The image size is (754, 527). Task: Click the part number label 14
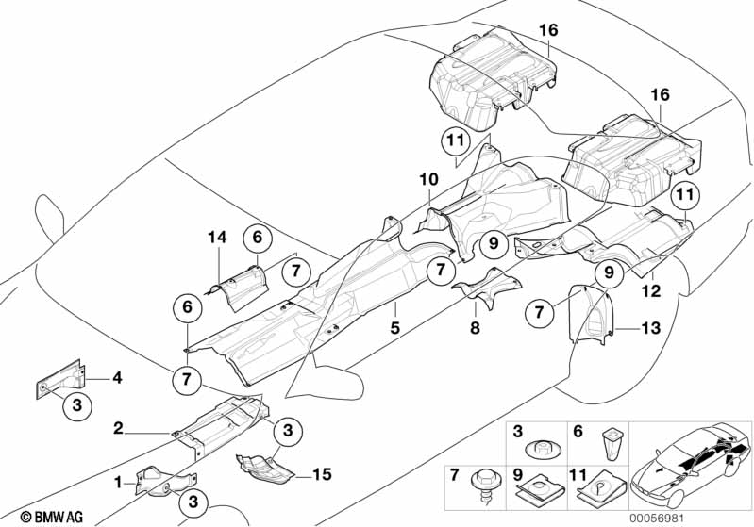(217, 237)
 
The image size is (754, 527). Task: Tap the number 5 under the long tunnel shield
(395, 328)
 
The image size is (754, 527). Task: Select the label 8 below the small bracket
(475, 328)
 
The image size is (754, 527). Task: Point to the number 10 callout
(429, 180)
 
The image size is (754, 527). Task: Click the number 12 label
(651, 290)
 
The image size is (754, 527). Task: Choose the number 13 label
(650, 328)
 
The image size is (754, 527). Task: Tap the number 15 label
(322, 474)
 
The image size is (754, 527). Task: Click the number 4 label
(117, 378)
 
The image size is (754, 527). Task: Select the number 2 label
(118, 428)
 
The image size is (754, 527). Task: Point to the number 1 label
(118, 482)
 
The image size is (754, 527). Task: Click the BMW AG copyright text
(52, 517)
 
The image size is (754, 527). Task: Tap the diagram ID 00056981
(657, 519)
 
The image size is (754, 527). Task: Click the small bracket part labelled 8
(486, 288)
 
